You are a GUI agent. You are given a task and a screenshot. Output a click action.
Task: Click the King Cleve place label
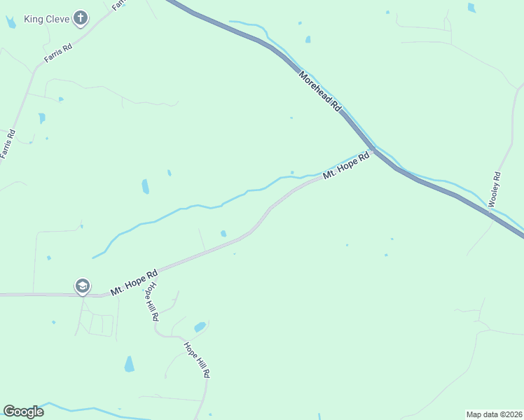[47, 19]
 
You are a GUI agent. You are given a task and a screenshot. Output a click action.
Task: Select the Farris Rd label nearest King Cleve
[58, 53]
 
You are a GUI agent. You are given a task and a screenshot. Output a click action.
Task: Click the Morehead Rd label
[319, 91]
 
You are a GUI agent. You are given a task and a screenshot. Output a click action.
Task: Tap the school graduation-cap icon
[82, 286]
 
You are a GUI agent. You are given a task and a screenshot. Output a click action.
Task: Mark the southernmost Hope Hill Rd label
[196, 359]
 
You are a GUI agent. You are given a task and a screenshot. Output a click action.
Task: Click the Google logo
[23, 412]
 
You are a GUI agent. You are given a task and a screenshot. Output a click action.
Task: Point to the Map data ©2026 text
[495, 414]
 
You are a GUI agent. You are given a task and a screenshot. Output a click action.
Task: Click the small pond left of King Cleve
[11, 22]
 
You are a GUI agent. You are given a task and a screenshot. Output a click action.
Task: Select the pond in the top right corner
[471, 8]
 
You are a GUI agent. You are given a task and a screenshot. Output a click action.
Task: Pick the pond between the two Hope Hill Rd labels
[200, 327]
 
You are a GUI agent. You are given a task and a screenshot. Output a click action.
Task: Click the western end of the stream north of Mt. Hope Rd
[93, 257]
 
